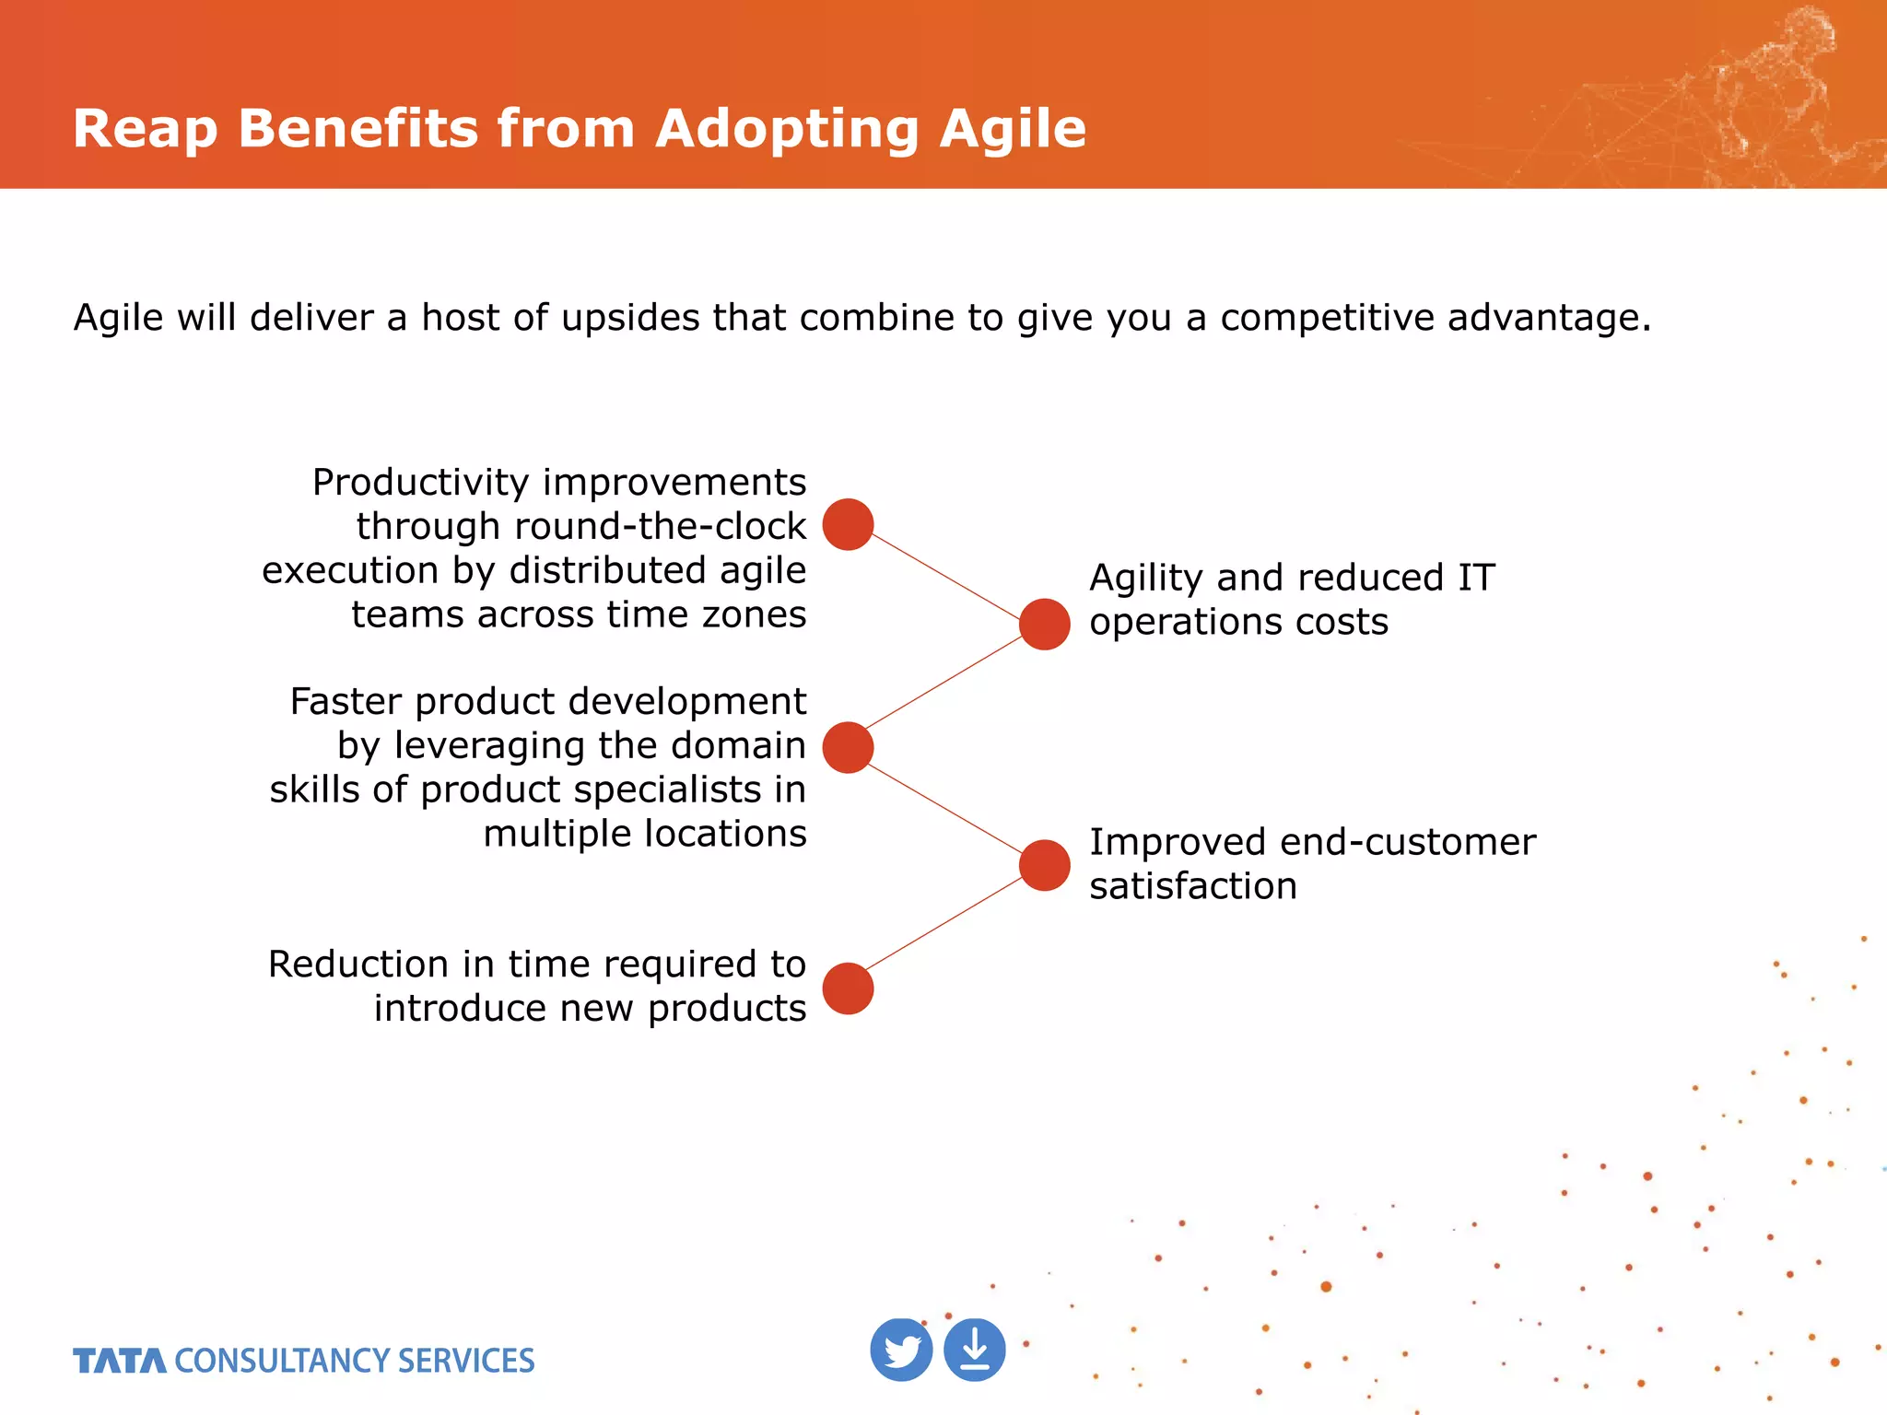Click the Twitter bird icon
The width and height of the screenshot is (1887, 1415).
click(x=901, y=1350)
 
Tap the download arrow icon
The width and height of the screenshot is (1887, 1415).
click(x=975, y=1350)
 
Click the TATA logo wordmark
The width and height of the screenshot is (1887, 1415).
click(x=120, y=1361)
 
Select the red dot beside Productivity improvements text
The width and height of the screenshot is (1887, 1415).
click(x=848, y=524)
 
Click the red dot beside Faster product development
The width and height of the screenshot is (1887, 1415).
click(x=848, y=747)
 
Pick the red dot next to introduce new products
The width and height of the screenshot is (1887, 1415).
click(x=848, y=988)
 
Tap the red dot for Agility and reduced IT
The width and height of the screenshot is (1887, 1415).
click(x=1044, y=624)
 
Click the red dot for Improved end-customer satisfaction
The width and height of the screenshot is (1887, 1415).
click(x=1044, y=865)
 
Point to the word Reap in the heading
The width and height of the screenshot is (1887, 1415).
click(x=145, y=128)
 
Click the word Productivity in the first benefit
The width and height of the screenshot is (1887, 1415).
click(x=420, y=483)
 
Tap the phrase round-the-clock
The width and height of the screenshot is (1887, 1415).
click(x=660, y=526)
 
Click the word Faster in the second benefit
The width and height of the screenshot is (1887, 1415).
click(x=346, y=702)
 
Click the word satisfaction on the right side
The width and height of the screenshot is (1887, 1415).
click(x=1192, y=886)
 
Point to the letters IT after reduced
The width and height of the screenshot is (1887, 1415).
click(x=1476, y=579)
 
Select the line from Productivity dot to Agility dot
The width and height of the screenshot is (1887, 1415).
click(x=945, y=575)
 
